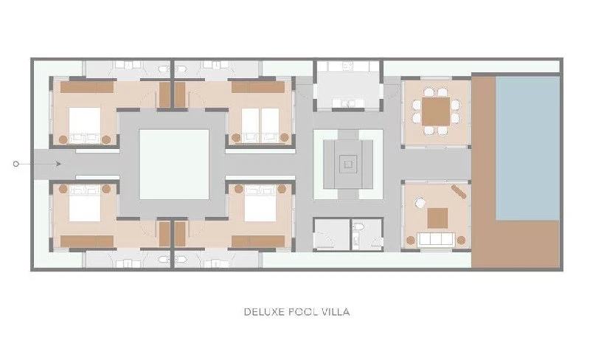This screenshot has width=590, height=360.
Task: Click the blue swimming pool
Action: click(x=527, y=148)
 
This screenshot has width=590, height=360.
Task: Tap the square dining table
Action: click(x=436, y=111)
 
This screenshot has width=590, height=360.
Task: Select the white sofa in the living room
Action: click(x=436, y=239)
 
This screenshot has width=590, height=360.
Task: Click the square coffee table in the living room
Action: click(x=437, y=218)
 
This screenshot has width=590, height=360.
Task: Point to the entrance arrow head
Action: click(x=59, y=164)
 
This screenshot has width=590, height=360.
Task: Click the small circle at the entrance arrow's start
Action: click(x=15, y=164)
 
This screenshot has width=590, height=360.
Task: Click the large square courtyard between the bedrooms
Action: click(x=174, y=165)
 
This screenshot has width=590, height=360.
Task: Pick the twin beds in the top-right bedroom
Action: click(x=260, y=121)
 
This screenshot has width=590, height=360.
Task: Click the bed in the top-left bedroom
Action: click(x=85, y=121)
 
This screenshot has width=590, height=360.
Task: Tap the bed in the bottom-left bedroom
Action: click(x=85, y=208)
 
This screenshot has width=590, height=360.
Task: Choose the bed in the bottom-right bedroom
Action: click(x=260, y=208)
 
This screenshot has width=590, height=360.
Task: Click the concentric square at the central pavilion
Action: click(x=348, y=165)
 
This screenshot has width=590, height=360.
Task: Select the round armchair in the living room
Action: click(x=420, y=203)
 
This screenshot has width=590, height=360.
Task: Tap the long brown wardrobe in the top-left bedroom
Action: click(x=87, y=87)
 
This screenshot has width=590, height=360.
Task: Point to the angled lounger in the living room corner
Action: click(x=459, y=191)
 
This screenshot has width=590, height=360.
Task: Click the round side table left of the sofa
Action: click(x=411, y=240)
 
